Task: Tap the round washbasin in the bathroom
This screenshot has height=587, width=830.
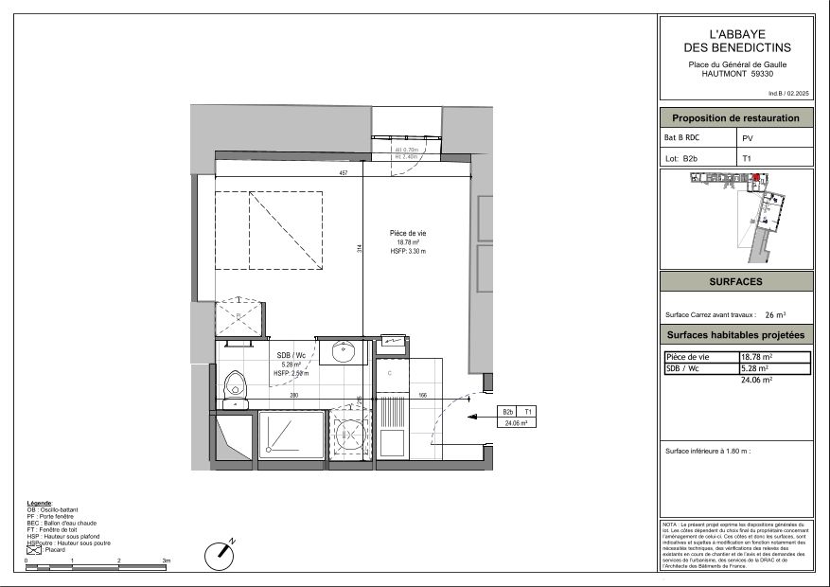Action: point(343,353)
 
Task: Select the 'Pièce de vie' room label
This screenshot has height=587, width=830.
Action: point(408,232)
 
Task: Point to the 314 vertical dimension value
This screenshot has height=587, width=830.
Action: point(360,249)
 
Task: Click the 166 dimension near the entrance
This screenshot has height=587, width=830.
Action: point(423,395)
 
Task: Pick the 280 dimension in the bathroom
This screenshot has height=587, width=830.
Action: point(294,395)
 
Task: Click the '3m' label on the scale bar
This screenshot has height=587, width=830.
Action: point(166,561)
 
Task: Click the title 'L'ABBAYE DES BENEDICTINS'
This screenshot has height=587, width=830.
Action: point(737,40)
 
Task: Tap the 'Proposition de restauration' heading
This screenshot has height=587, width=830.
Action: point(736,118)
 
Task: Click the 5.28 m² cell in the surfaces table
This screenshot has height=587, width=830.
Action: point(754,368)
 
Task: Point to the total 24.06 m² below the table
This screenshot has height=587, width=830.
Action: point(755,379)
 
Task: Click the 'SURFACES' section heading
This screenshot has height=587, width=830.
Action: point(736,282)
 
